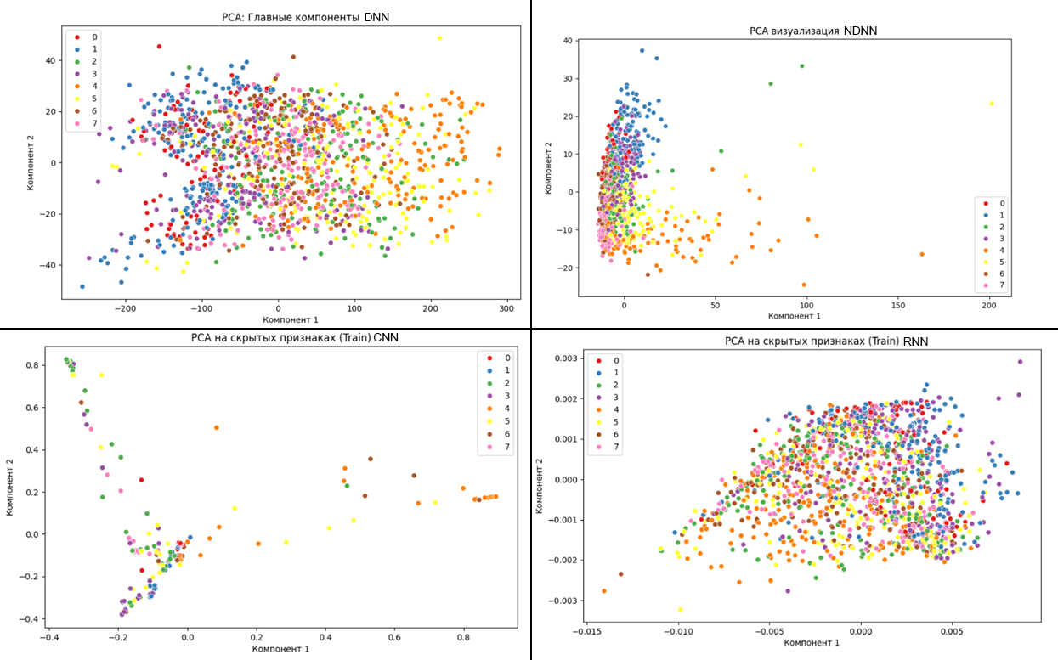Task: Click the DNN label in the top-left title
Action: pos(377,17)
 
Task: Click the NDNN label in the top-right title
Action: pos(860,31)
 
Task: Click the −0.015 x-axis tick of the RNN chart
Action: pos(586,631)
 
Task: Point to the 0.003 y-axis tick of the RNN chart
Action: pos(564,359)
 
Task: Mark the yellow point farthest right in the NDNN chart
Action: pos(991,104)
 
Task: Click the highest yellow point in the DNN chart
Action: pos(439,38)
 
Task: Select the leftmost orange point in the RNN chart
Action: pos(603,590)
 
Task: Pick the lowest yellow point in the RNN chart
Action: pos(680,609)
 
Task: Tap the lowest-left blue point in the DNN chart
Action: pos(82,286)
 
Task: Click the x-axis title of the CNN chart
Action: pos(280,649)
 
